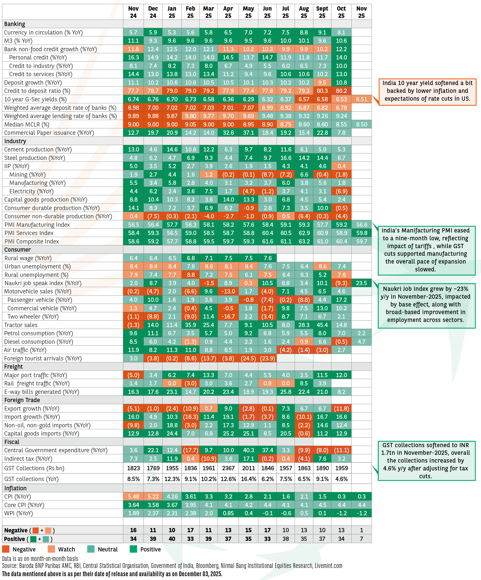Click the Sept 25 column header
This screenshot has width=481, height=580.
tap(322, 12)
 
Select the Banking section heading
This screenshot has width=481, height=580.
tap(15, 24)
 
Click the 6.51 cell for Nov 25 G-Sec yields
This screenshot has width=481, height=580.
tap(361, 99)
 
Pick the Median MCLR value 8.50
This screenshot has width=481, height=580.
tap(361, 125)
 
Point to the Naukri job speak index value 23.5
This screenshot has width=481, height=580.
tap(361, 283)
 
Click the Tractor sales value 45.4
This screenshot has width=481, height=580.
tap(322, 325)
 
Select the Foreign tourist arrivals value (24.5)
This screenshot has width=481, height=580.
tap(248, 359)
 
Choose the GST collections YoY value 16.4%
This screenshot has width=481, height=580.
tap(248, 479)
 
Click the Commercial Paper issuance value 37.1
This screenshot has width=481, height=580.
tap(248, 133)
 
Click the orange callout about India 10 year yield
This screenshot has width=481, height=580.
tap(427, 91)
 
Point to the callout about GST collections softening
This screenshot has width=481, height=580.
tap(426, 461)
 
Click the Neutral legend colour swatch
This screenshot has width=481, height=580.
tap(91, 549)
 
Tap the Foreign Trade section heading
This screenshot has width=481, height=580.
tap(22, 400)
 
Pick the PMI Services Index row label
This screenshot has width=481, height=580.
tap(29, 233)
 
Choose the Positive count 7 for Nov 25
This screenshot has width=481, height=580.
tap(361, 539)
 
